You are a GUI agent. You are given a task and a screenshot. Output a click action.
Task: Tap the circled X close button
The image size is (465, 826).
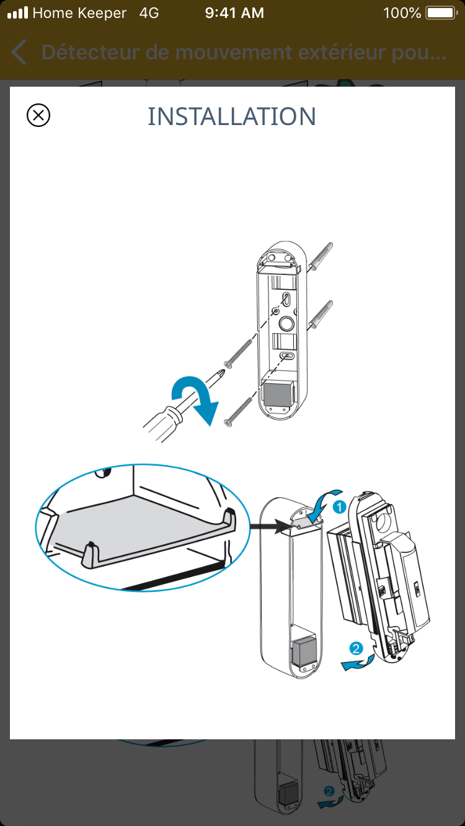[x=38, y=116]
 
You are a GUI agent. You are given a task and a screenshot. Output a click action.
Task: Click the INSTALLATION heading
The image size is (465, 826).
[x=232, y=116]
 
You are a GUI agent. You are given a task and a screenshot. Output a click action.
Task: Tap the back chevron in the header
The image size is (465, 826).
[x=19, y=53]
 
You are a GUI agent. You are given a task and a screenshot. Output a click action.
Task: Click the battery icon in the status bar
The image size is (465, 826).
[x=440, y=13]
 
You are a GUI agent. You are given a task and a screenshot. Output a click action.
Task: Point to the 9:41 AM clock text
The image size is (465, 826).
[x=234, y=13]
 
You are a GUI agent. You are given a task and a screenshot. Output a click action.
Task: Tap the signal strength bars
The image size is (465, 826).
[x=17, y=13]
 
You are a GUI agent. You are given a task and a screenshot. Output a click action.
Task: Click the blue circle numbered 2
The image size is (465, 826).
[x=356, y=648]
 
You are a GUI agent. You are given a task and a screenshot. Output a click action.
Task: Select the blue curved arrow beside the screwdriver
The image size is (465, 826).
[x=193, y=399]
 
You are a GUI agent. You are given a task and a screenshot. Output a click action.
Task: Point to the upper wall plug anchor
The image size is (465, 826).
[x=320, y=255]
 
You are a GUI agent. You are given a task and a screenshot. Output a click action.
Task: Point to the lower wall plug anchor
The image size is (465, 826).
[x=320, y=314]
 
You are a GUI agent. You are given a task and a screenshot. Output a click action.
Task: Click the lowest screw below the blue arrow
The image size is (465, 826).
[x=238, y=412]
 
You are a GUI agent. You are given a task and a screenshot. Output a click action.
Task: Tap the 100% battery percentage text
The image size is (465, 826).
[x=402, y=13]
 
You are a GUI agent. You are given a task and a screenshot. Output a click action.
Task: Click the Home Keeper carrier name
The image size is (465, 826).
[x=79, y=13]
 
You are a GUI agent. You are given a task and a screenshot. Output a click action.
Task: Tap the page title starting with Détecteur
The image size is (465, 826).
[x=244, y=53]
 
